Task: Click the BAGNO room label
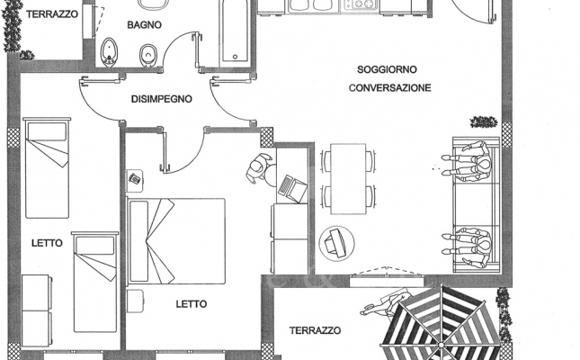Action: (x=144, y=25)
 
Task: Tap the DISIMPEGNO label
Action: (x=162, y=99)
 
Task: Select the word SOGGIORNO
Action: (x=387, y=69)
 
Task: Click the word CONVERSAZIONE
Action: (x=390, y=88)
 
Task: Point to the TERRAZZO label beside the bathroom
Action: (x=52, y=14)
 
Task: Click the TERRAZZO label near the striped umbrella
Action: (x=315, y=330)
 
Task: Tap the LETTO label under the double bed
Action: (x=192, y=304)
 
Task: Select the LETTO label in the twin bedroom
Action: (x=47, y=243)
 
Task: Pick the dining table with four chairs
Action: (x=348, y=179)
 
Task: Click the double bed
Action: (x=176, y=241)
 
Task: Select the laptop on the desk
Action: (x=292, y=189)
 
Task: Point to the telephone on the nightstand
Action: (x=135, y=179)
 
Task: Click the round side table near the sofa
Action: (x=336, y=244)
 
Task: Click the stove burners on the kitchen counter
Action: (x=361, y=4)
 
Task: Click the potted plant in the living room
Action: (x=484, y=121)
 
